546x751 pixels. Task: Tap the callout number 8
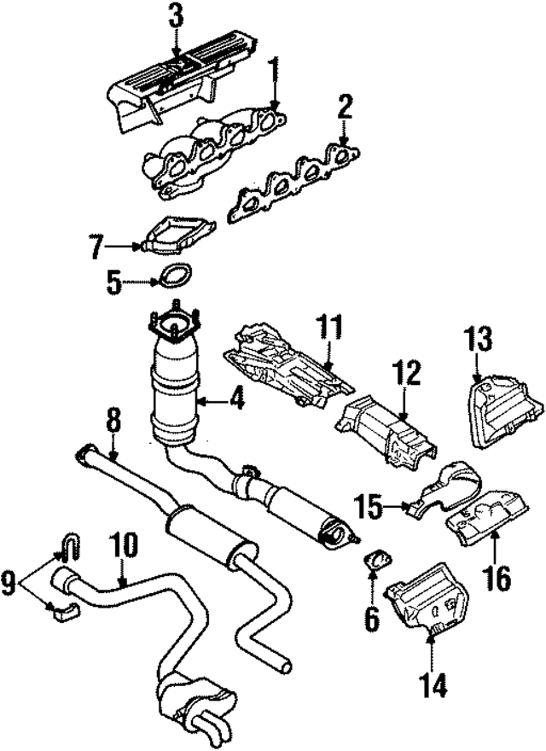113,421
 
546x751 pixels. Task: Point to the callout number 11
329,327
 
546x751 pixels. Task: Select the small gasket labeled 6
375,562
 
